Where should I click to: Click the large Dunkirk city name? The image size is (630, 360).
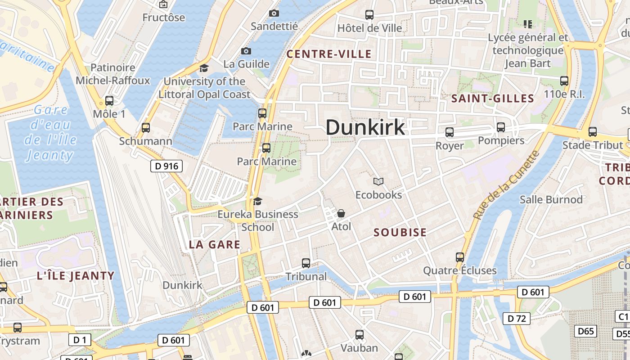[365, 127]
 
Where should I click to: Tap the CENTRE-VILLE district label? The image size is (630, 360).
[329, 54]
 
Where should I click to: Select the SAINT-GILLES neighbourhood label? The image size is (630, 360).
[492, 99]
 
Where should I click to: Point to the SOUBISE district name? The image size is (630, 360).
[400, 232]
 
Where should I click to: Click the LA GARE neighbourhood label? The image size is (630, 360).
[214, 244]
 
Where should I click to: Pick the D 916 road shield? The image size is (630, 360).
[166, 166]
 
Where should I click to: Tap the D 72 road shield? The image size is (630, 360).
[516, 319]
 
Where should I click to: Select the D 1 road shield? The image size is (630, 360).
[80, 340]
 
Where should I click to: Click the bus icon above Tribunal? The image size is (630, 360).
[306, 263]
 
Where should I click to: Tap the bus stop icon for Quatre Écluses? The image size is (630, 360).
[459, 257]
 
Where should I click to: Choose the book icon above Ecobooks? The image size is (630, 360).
[378, 181]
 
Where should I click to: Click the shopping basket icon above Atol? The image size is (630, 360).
[341, 213]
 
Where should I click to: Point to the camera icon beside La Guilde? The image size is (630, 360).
[246, 51]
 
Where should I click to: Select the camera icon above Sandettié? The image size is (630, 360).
[274, 13]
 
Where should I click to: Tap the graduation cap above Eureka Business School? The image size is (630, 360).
[257, 201]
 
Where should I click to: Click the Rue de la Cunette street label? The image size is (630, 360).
[506, 185]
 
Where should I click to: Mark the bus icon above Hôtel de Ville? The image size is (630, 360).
[369, 14]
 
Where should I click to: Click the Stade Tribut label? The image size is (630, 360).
[593, 145]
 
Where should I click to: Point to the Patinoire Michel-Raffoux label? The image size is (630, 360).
[113, 74]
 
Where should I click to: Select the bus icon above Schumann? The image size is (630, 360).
[145, 128]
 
